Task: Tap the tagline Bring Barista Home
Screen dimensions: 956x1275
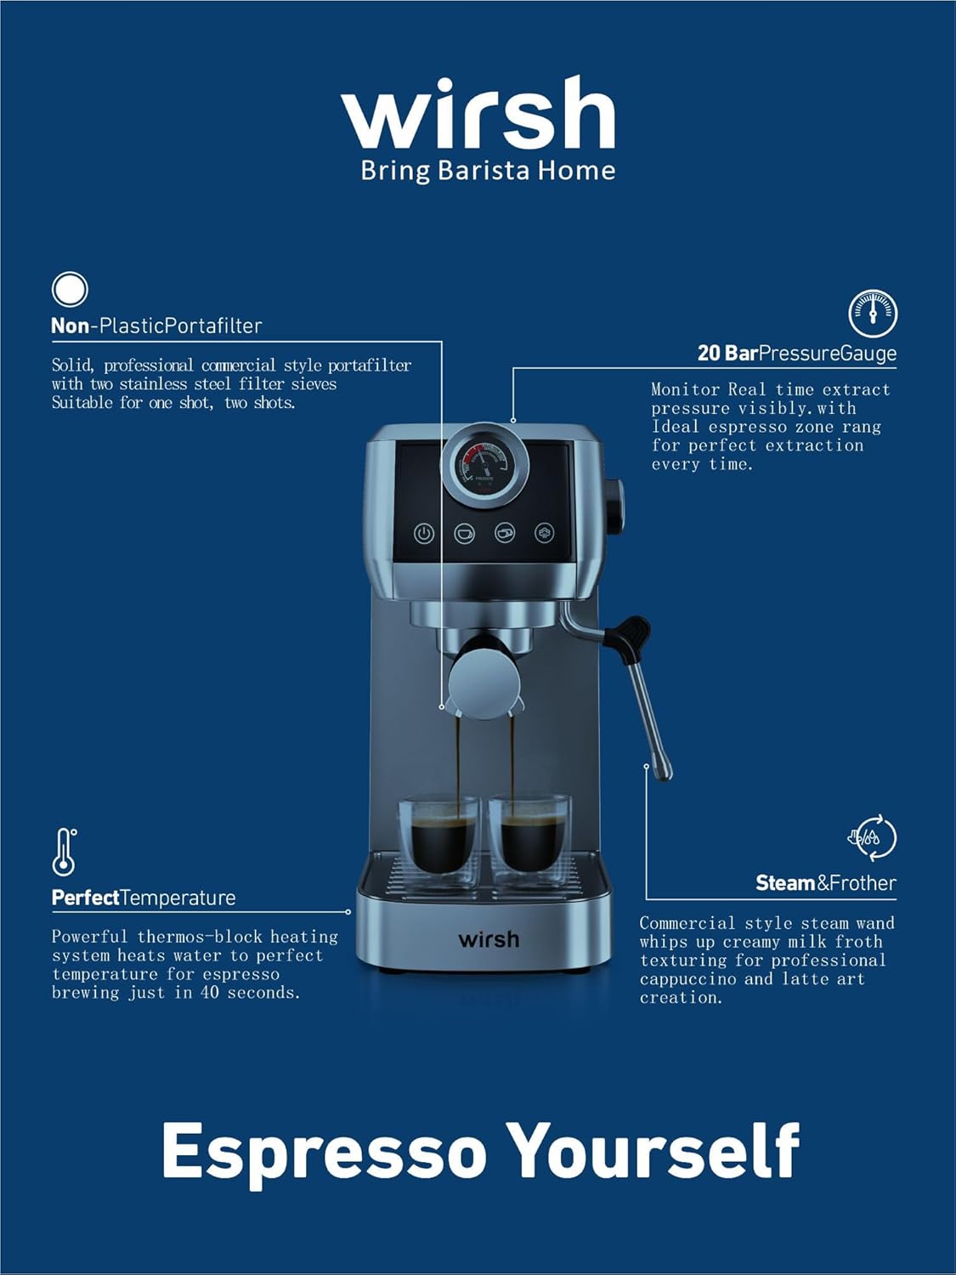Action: pos(488,171)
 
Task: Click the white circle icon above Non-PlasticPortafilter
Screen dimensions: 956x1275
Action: pos(70,289)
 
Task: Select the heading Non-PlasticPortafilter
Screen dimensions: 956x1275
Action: pos(156,326)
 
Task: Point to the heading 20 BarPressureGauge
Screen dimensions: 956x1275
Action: pos(796,354)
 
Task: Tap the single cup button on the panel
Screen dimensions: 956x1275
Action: pos(464,533)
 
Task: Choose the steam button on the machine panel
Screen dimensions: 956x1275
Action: pos(545,533)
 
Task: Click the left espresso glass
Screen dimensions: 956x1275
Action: pos(438,837)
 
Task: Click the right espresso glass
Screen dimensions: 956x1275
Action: pos(529,837)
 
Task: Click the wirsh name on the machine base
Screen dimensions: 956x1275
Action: pos(489,939)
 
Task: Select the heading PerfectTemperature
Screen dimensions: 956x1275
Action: pos(144,898)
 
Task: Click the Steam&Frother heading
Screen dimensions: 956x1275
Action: pos(825,883)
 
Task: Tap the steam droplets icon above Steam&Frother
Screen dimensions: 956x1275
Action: pos(872,837)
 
